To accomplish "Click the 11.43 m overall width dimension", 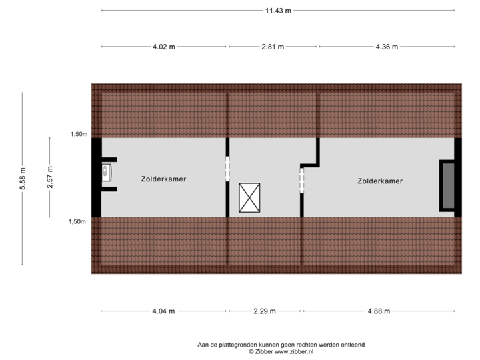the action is pos(278,11).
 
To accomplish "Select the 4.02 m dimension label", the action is pos(164,47).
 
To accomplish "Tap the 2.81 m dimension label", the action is pos(273,47).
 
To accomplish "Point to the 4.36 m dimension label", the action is pos(387,47).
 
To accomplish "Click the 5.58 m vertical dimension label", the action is pos(23,179).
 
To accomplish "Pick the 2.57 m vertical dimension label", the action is pos(49,177).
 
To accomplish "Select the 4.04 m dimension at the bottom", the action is pos(164,311).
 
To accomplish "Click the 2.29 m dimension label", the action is pos(265,311).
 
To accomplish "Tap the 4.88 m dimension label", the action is pos(378,311).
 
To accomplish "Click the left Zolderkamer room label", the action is pos(163,179).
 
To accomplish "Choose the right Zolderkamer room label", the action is pos(380,181).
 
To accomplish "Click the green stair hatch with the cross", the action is pos(249,198).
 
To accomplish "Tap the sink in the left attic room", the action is pos(107,173).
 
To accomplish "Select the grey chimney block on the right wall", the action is pos(446,186).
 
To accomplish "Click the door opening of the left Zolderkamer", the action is pos(227,169).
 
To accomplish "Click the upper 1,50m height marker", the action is pos(79,134).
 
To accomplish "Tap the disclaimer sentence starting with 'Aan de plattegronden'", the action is pos(281,344).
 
